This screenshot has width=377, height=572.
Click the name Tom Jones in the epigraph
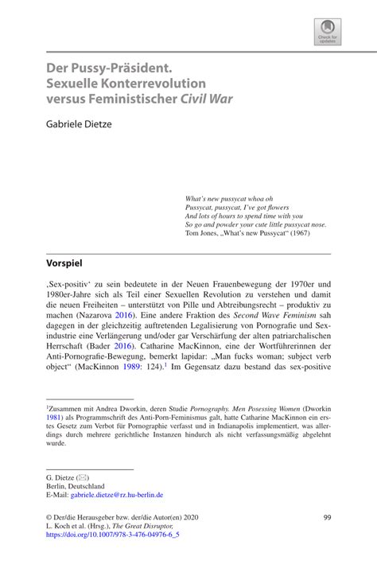click(x=202, y=233)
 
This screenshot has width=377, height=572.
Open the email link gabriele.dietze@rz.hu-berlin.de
click(x=117, y=494)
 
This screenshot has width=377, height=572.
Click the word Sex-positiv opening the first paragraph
click(x=70, y=284)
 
